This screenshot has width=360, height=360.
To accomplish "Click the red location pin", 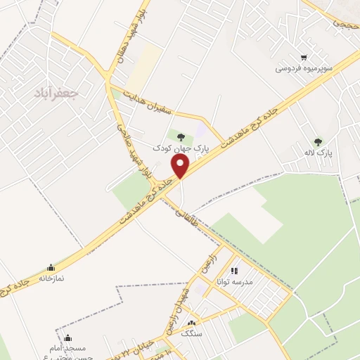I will (x=181, y=166).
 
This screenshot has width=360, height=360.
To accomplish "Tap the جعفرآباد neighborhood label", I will (x=59, y=91).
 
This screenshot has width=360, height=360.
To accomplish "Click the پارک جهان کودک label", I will (x=182, y=148).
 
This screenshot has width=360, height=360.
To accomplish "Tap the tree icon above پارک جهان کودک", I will (x=181, y=138).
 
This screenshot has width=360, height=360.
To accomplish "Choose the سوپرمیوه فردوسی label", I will (x=303, y=69).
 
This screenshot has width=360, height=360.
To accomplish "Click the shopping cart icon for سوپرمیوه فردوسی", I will (x=303, y=58).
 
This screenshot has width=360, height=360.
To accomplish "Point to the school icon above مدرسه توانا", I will (x=234, y=270).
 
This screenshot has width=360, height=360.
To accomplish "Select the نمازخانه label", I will (x=51, y=278).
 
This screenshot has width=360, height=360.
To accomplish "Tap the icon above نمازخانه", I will (x=51, y=268).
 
